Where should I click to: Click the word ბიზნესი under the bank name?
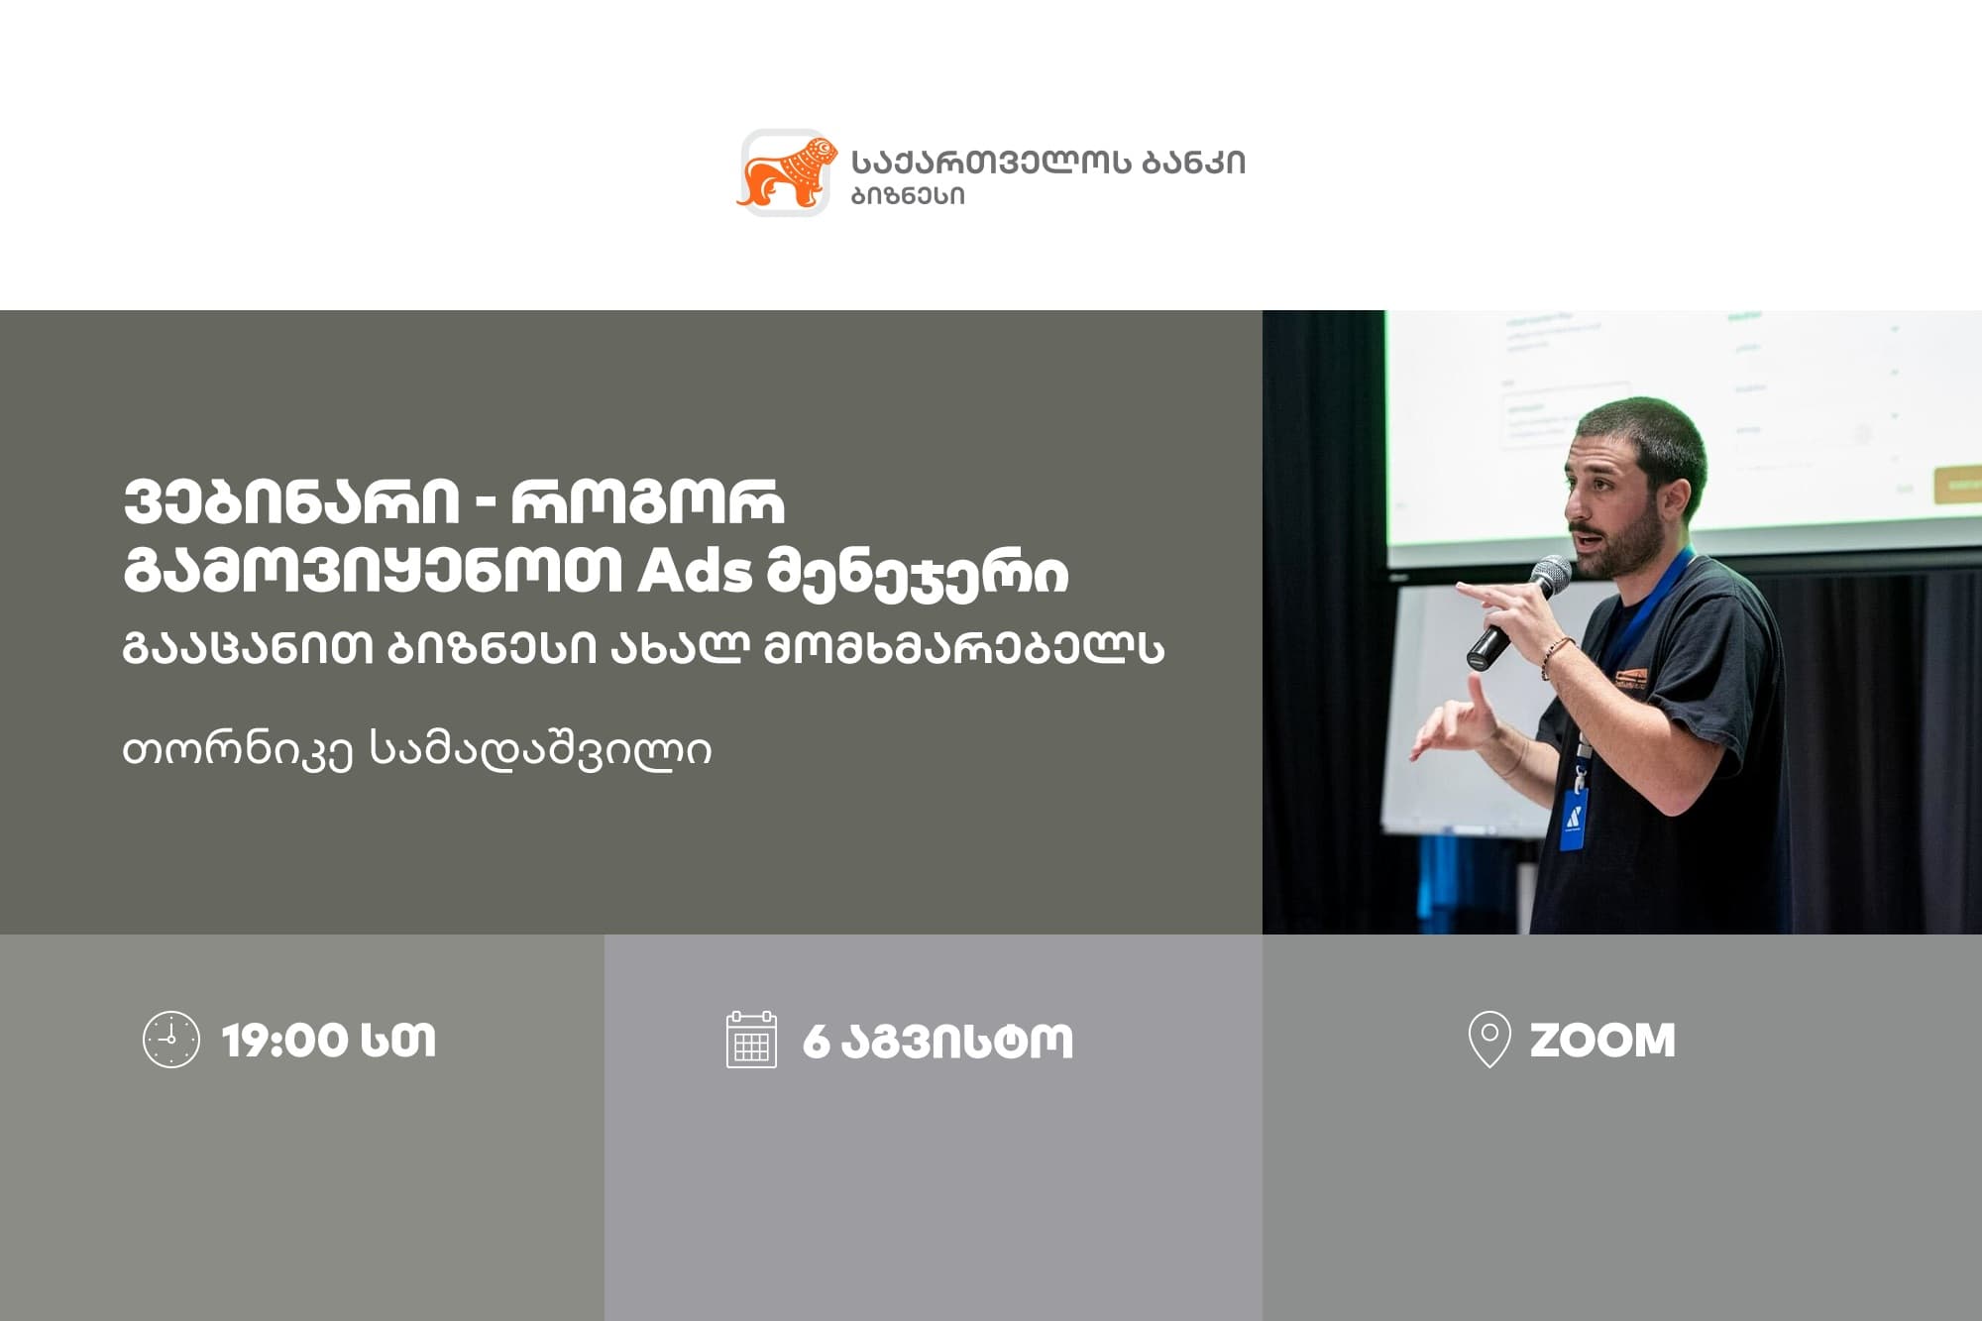point(908,196)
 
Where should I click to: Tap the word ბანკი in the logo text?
point(1193,163)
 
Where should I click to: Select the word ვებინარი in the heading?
point(291,502)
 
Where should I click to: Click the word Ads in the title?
point(695,573)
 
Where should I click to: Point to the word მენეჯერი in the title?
point(918,576)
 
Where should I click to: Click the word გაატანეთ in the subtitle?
point(248,649)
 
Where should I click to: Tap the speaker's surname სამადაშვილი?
point(540,749)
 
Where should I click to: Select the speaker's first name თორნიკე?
point(238,750)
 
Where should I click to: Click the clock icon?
point(171,1040)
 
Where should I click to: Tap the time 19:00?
point(285,1041)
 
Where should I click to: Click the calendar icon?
point(751,1040)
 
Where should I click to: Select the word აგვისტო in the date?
point(957,1042)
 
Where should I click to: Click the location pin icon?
point(1488,1040)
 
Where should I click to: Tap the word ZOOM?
point(1602,1041)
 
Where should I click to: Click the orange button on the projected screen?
point(1957,486)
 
